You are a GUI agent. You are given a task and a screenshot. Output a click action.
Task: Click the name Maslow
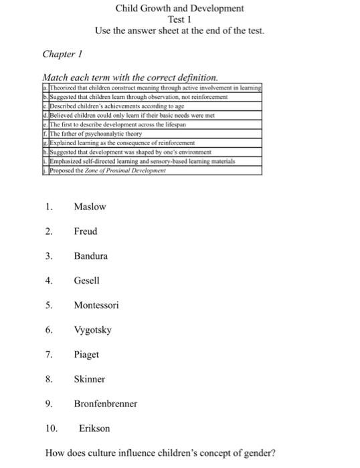coord(90,207)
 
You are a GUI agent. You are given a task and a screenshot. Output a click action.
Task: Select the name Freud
coord(86,231)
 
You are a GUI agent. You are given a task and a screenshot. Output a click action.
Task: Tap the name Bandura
coord(90,256)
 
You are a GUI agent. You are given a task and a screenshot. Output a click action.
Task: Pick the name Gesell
coord(87,281)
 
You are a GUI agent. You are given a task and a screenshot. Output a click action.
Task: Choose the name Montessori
coord(96,305)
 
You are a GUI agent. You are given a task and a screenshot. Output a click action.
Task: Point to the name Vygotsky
coord(93,330)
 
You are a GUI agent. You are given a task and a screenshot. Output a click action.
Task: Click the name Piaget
coord(86,354)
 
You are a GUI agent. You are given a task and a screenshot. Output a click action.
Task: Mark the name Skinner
coord(90,379)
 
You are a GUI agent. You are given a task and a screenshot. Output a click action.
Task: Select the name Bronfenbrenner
coord(106,404)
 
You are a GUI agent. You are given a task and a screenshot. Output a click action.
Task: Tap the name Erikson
coord(94,428)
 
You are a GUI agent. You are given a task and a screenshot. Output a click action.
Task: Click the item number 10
coord(52,428)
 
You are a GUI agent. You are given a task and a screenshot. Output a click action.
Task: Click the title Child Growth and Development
coord(179,9)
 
